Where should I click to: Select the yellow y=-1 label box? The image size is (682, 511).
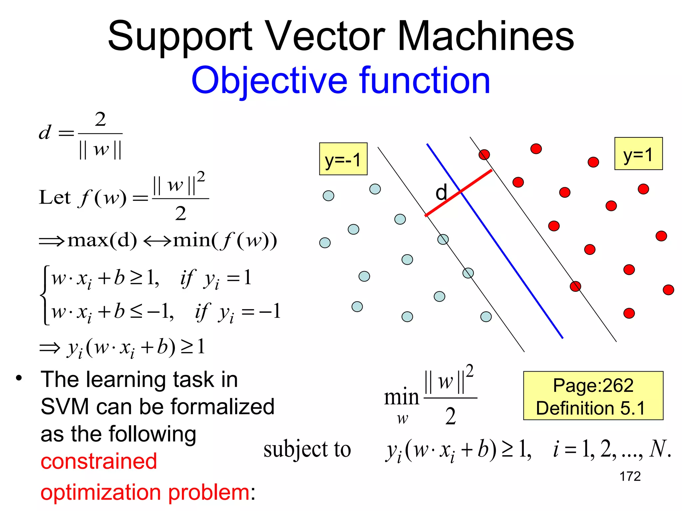343,159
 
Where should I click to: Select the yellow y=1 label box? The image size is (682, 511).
638,154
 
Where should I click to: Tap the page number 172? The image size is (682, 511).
630,476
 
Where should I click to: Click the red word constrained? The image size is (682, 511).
99,461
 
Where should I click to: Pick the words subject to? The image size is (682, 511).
307,449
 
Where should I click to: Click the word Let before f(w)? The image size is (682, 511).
55,197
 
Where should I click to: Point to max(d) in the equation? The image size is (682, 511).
102,240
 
